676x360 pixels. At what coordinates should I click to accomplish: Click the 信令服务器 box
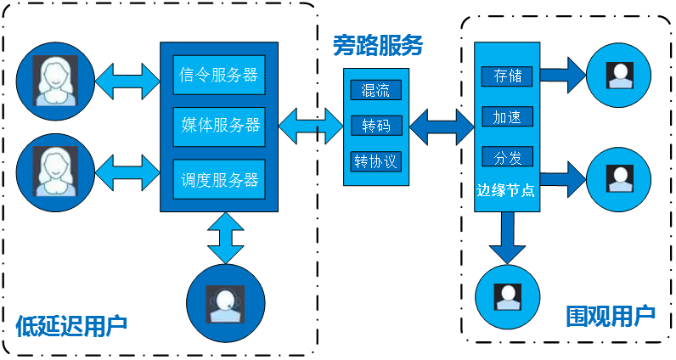[219, 75]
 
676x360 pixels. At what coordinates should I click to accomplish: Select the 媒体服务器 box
[219, 127]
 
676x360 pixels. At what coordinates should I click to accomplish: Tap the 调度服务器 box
[219, 179]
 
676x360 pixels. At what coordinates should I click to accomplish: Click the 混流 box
[376, 90]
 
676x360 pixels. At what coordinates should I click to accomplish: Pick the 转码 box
[376, 126]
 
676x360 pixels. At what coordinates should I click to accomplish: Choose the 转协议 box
[376, 161]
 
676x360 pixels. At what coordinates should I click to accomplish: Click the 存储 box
[508, 76]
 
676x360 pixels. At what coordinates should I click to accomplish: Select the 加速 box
[508, 116]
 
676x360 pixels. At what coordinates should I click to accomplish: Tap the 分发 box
[508, 157]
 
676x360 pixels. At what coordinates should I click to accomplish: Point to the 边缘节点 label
[505, 190]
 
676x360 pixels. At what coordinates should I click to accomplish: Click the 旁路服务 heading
[378, 45]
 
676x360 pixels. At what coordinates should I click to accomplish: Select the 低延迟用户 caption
[71, 326]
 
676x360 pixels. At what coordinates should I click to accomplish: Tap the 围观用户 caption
[611, 316]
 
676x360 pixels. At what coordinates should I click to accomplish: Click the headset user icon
[226, 303]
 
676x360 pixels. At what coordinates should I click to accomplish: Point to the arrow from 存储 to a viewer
[563, 75]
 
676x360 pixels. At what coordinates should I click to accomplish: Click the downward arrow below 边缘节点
[507, 238]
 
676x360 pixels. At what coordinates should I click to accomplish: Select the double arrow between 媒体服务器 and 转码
[311, 126]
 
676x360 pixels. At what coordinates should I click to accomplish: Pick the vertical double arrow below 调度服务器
[226, 238]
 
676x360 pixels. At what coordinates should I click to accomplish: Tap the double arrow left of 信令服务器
[127, 81]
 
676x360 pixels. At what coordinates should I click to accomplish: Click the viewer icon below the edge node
[508, 296]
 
